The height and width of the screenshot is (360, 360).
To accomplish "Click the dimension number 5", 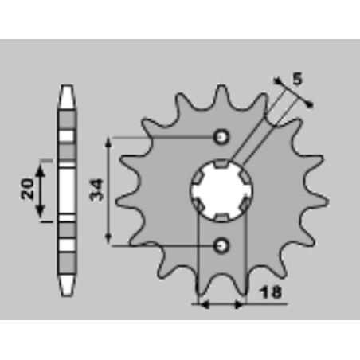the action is [x=298, y=79].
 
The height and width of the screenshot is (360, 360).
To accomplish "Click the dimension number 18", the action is [x=271, y=293].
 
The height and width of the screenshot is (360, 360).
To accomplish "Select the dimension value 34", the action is [x=96, y=190].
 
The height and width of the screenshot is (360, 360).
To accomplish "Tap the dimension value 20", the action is [x=27, y=189].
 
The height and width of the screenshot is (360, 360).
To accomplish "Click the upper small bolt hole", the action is [x=221, y=137].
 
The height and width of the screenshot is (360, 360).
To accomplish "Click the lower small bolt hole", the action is [x=221, y=245].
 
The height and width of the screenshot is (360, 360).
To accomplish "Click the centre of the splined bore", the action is [x=221, y=190].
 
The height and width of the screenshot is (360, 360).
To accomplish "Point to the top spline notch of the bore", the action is [x=221, y=164].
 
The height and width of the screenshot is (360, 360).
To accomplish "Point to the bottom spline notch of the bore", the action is [x=221, y=217].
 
